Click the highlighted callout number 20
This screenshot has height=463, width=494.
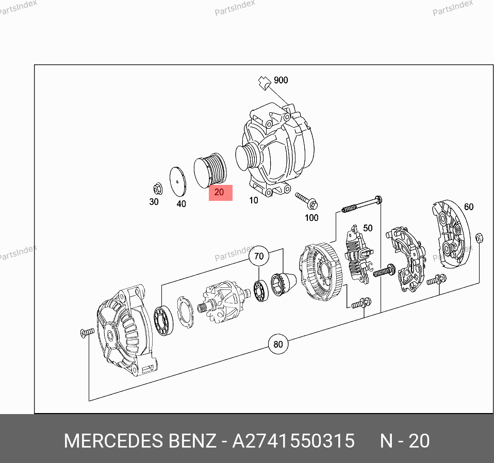tap(219, 192)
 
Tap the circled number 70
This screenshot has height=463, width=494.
tap(259, 256)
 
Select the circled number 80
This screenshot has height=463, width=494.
tap(278, 344)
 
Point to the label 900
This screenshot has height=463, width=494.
tap(281, 80)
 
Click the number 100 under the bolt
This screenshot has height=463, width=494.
tap(311, 217)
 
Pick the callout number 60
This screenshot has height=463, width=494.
tap(469, 207)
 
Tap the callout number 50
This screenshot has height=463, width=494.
tap(368, 228)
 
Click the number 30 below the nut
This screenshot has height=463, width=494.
tap(154, 202)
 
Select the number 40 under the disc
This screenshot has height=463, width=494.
tap(181, 204)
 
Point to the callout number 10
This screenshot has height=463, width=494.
tap(254, 200)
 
